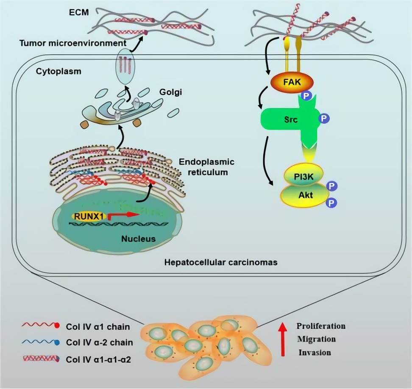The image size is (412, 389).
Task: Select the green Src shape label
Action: click(292, 120)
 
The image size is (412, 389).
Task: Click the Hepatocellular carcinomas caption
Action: click(221, 262)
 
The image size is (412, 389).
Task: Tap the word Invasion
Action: click(315, 352)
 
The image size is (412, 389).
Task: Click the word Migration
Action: click(316, 339)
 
